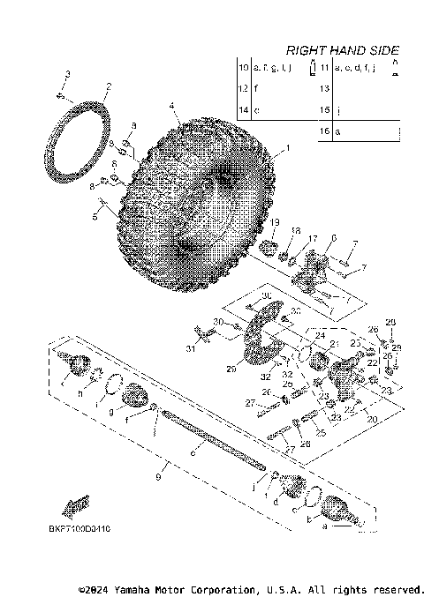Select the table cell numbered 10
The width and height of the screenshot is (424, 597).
point(244,68)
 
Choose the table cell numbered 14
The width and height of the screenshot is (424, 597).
point(244,110)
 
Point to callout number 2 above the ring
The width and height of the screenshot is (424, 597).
point(108,86)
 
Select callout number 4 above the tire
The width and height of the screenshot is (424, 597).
point(173,107)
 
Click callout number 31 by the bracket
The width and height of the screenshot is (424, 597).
point(189,349)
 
